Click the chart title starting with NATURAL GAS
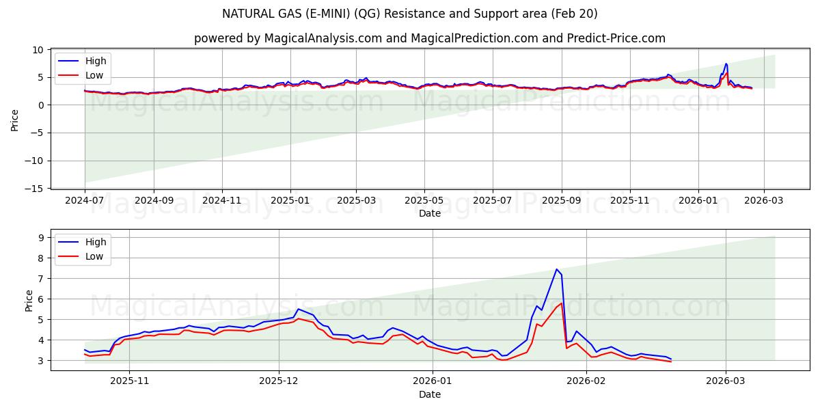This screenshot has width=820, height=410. pyautogui.click(x=409, y=14)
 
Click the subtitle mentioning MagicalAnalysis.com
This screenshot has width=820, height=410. pyautogui.click(x=429, y=38)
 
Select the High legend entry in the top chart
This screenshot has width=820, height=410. pyautogui.click(x=95, y=61)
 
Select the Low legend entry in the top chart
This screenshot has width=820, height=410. pyautogui.click(x=95, y=74)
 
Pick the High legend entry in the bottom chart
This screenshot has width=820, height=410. pyautogui.click(x=95, y=242)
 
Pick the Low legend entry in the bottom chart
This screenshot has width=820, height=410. pyautogui.click(x=95, y=256)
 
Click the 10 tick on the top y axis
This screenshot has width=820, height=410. pyautogui.click(x=38, y=50)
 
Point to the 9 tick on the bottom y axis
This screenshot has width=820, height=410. pyautogui.click(x=41, y=238)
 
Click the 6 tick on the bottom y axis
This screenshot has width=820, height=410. pyautogui.click(x=41, y=299)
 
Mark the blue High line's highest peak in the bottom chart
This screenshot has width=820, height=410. pyautogui.click(x=557, y=269)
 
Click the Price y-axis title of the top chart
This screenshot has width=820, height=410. pyautogui.click(x=15, y=120)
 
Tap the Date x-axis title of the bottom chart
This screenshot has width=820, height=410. pyautogui.click(x=429, y=394)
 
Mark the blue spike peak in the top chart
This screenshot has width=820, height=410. pyautogui.click(x=726, y=64)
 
